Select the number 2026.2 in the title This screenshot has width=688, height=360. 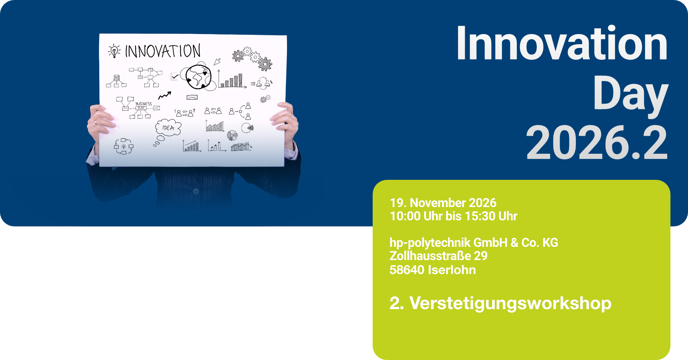coord(597,143)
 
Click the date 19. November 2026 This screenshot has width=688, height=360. coord(443,203)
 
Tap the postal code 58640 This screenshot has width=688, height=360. coord(407,270)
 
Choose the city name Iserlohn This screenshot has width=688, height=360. coord(452,270)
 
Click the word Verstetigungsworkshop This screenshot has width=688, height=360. coord(510,303)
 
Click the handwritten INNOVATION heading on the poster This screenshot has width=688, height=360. coord(163,51)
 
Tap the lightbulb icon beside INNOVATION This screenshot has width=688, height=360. coord(114,51)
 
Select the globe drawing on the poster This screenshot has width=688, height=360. coord(198,77)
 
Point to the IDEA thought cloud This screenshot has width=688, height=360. coord(168,128)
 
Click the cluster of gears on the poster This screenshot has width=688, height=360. coord(252,58)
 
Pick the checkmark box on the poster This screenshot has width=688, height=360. coord(175,76)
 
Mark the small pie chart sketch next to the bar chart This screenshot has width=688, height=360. coord(232,135)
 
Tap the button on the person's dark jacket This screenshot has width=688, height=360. coord(196,191)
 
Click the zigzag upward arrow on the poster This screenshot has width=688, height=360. coord(165,95)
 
